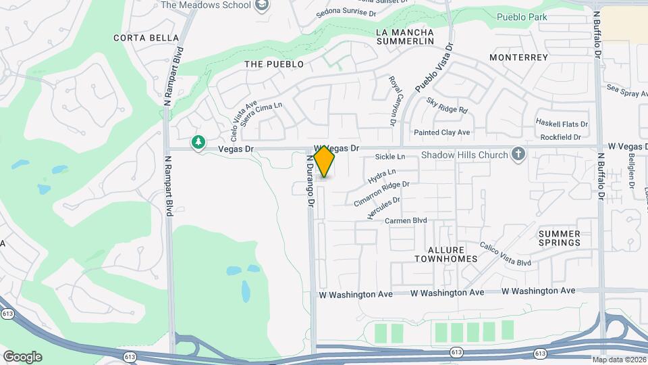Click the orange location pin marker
pyautogui.click(x=324, y=161)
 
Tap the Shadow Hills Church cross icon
pyautogui.click(x=518, y=155)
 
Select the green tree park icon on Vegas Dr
pyautogui.click(x=198, y=142)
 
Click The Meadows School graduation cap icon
pyautogui.click(x=263, y=5)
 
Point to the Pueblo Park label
pyautogui.click(x=520, y=16)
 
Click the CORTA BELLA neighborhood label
pyautogui.click(x=146, y=38)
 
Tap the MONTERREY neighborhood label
pyautogui.click(x=518, y=57)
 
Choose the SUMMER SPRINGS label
pyautogui.click(x=560, y=238)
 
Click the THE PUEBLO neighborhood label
pyautogui.click(x=274, y=64)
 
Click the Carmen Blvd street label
pyautogui.click(x=406, y=220)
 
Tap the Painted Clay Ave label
pyautogui.click(x=442, y=132)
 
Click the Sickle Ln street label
pyautogui.click(x=390, y=157)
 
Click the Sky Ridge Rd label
pyautogui.click(x=447, y=105)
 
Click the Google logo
pyautogui.click(x=22, y=356)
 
